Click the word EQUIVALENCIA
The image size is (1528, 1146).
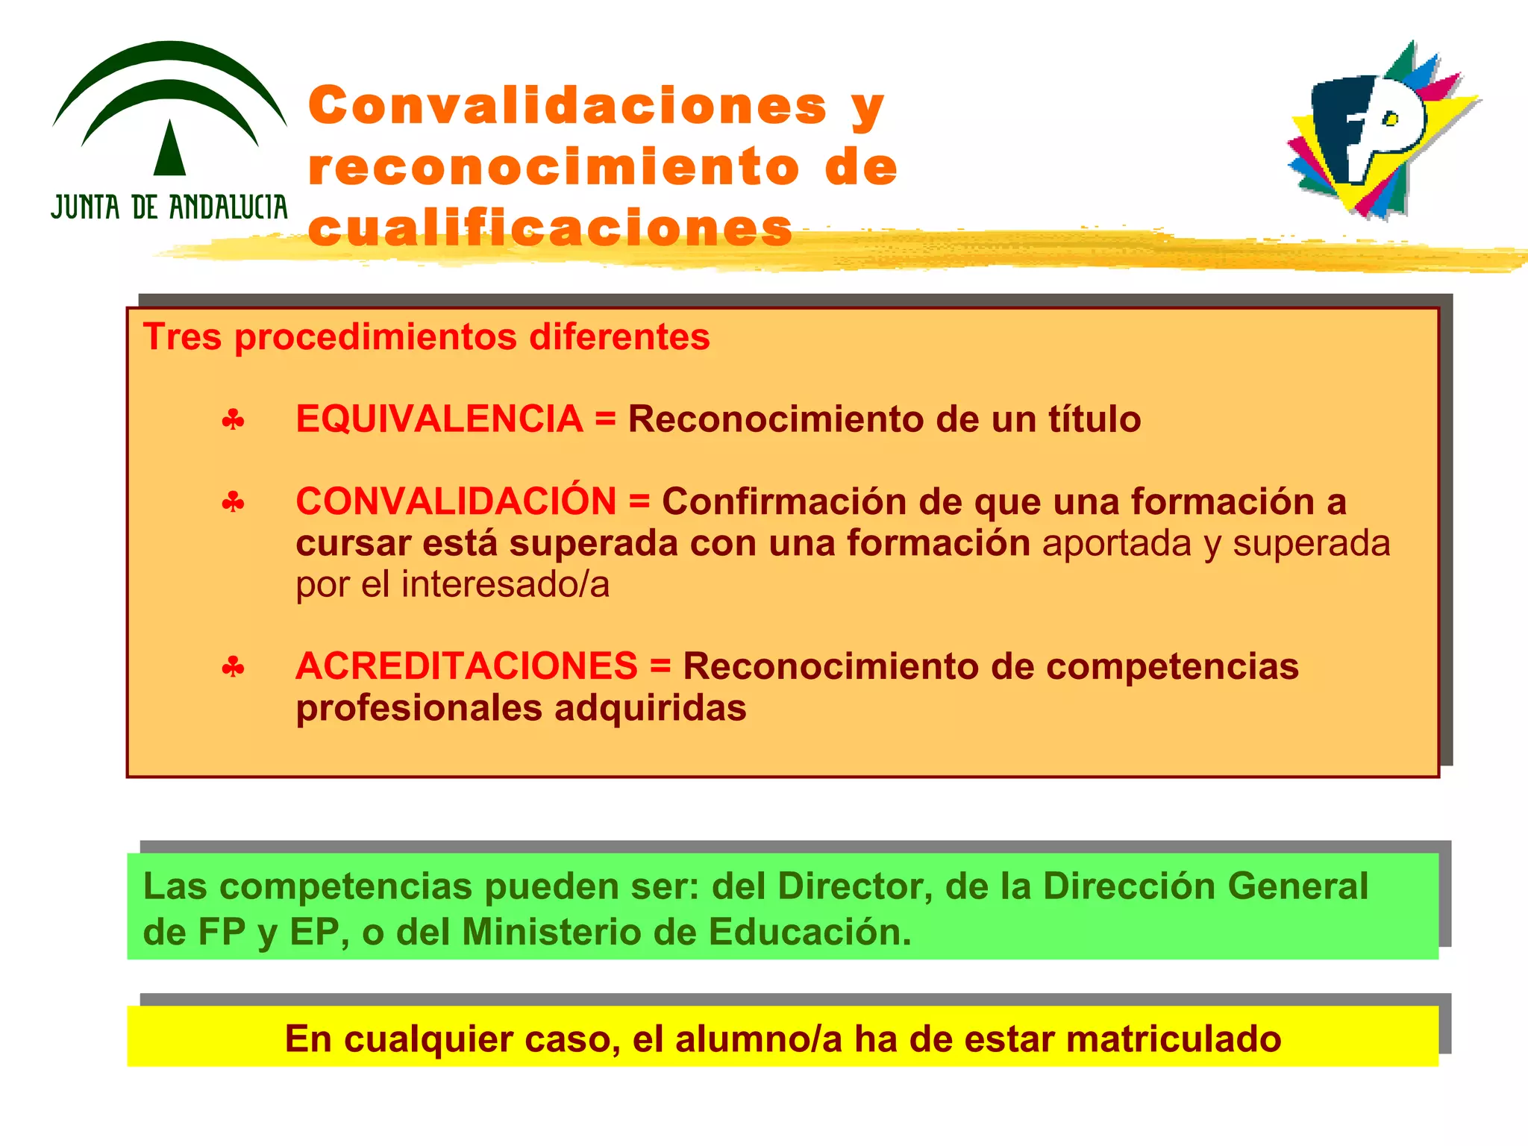point(439,419)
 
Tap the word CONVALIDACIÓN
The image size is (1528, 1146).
point(456,501)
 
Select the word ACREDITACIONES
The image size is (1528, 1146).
point(466,666)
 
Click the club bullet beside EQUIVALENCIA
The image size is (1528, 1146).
point(233,421)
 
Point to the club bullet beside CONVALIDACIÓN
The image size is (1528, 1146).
point(233,503)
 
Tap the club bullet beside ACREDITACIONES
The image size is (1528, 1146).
point(233,667)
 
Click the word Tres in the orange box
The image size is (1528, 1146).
point(182,337)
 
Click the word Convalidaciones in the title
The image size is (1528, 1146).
point(567,106)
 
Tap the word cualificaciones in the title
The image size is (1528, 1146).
point(550,228)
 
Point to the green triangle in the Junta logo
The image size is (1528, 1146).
point(169,149)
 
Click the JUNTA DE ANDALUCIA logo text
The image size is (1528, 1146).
point(169,207)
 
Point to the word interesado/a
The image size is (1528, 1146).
point(505,584)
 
